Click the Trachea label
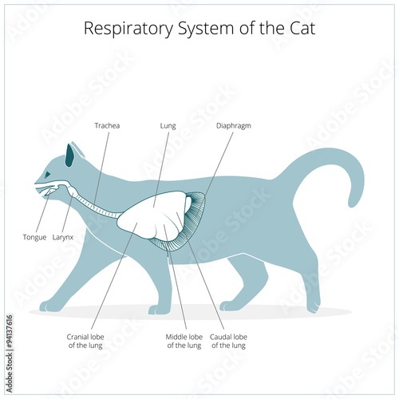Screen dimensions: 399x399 (x=107, y=125)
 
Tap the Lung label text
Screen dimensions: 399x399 (x=168, y=126)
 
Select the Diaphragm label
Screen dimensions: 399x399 (x=234, y=126)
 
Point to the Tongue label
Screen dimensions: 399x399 (x=34, y=237)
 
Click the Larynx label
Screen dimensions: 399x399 (x=63, y=237)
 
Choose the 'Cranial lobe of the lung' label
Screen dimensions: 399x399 (x=85, y=342)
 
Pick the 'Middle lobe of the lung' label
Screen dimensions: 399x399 (x=184, y=342)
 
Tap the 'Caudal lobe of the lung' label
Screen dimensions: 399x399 (x=228, y=342)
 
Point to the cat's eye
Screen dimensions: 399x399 (x=48, y=175)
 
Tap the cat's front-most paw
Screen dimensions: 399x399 (x=48, y=306)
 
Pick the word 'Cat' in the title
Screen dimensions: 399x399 (x=302, y=28)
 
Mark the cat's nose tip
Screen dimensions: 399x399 (x=35, y=183)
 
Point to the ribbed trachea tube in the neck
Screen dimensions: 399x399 (x=97, y=207)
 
